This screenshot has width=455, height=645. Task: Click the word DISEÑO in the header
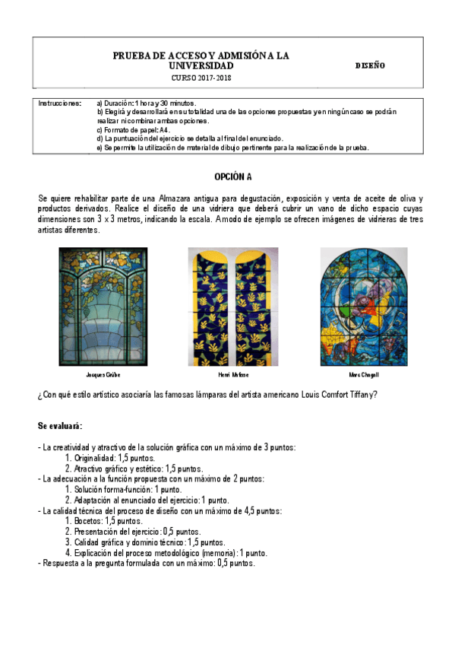[370, 66]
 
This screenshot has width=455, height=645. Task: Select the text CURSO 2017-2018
[201, 78]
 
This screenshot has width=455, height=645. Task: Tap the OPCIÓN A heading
[232, 176]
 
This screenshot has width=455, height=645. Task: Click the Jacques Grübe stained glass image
[103, 306]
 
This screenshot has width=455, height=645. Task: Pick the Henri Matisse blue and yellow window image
[232, 306]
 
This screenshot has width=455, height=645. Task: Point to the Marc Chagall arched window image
[363, 306]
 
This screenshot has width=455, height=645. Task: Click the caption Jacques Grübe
[103, 375]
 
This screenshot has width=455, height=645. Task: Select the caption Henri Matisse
[233, 375]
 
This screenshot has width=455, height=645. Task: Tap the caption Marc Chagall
[363, 375]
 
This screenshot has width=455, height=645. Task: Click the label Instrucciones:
[59, 103]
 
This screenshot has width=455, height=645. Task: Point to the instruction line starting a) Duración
[144, 103]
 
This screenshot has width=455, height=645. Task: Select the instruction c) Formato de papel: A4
[133, 129]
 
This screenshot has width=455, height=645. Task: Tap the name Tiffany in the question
[360, 394]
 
